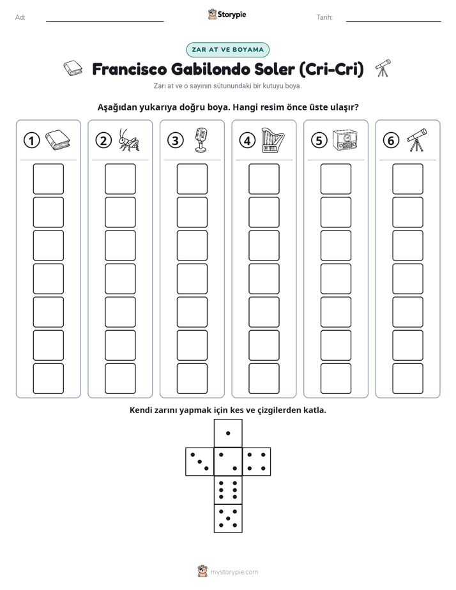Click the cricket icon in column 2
128,140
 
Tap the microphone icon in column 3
201,140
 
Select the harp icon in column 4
273,140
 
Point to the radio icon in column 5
345,140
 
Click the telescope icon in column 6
416,140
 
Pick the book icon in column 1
57,140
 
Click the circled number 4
247,140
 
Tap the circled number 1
31,140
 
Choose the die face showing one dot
228,433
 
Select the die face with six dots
228,490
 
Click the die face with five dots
228,518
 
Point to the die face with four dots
257,461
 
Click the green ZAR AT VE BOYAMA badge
227,50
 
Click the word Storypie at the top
232,15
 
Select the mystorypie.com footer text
234,572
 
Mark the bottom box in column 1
48,379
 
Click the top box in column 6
408,179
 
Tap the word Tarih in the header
324,17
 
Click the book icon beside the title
73,68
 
